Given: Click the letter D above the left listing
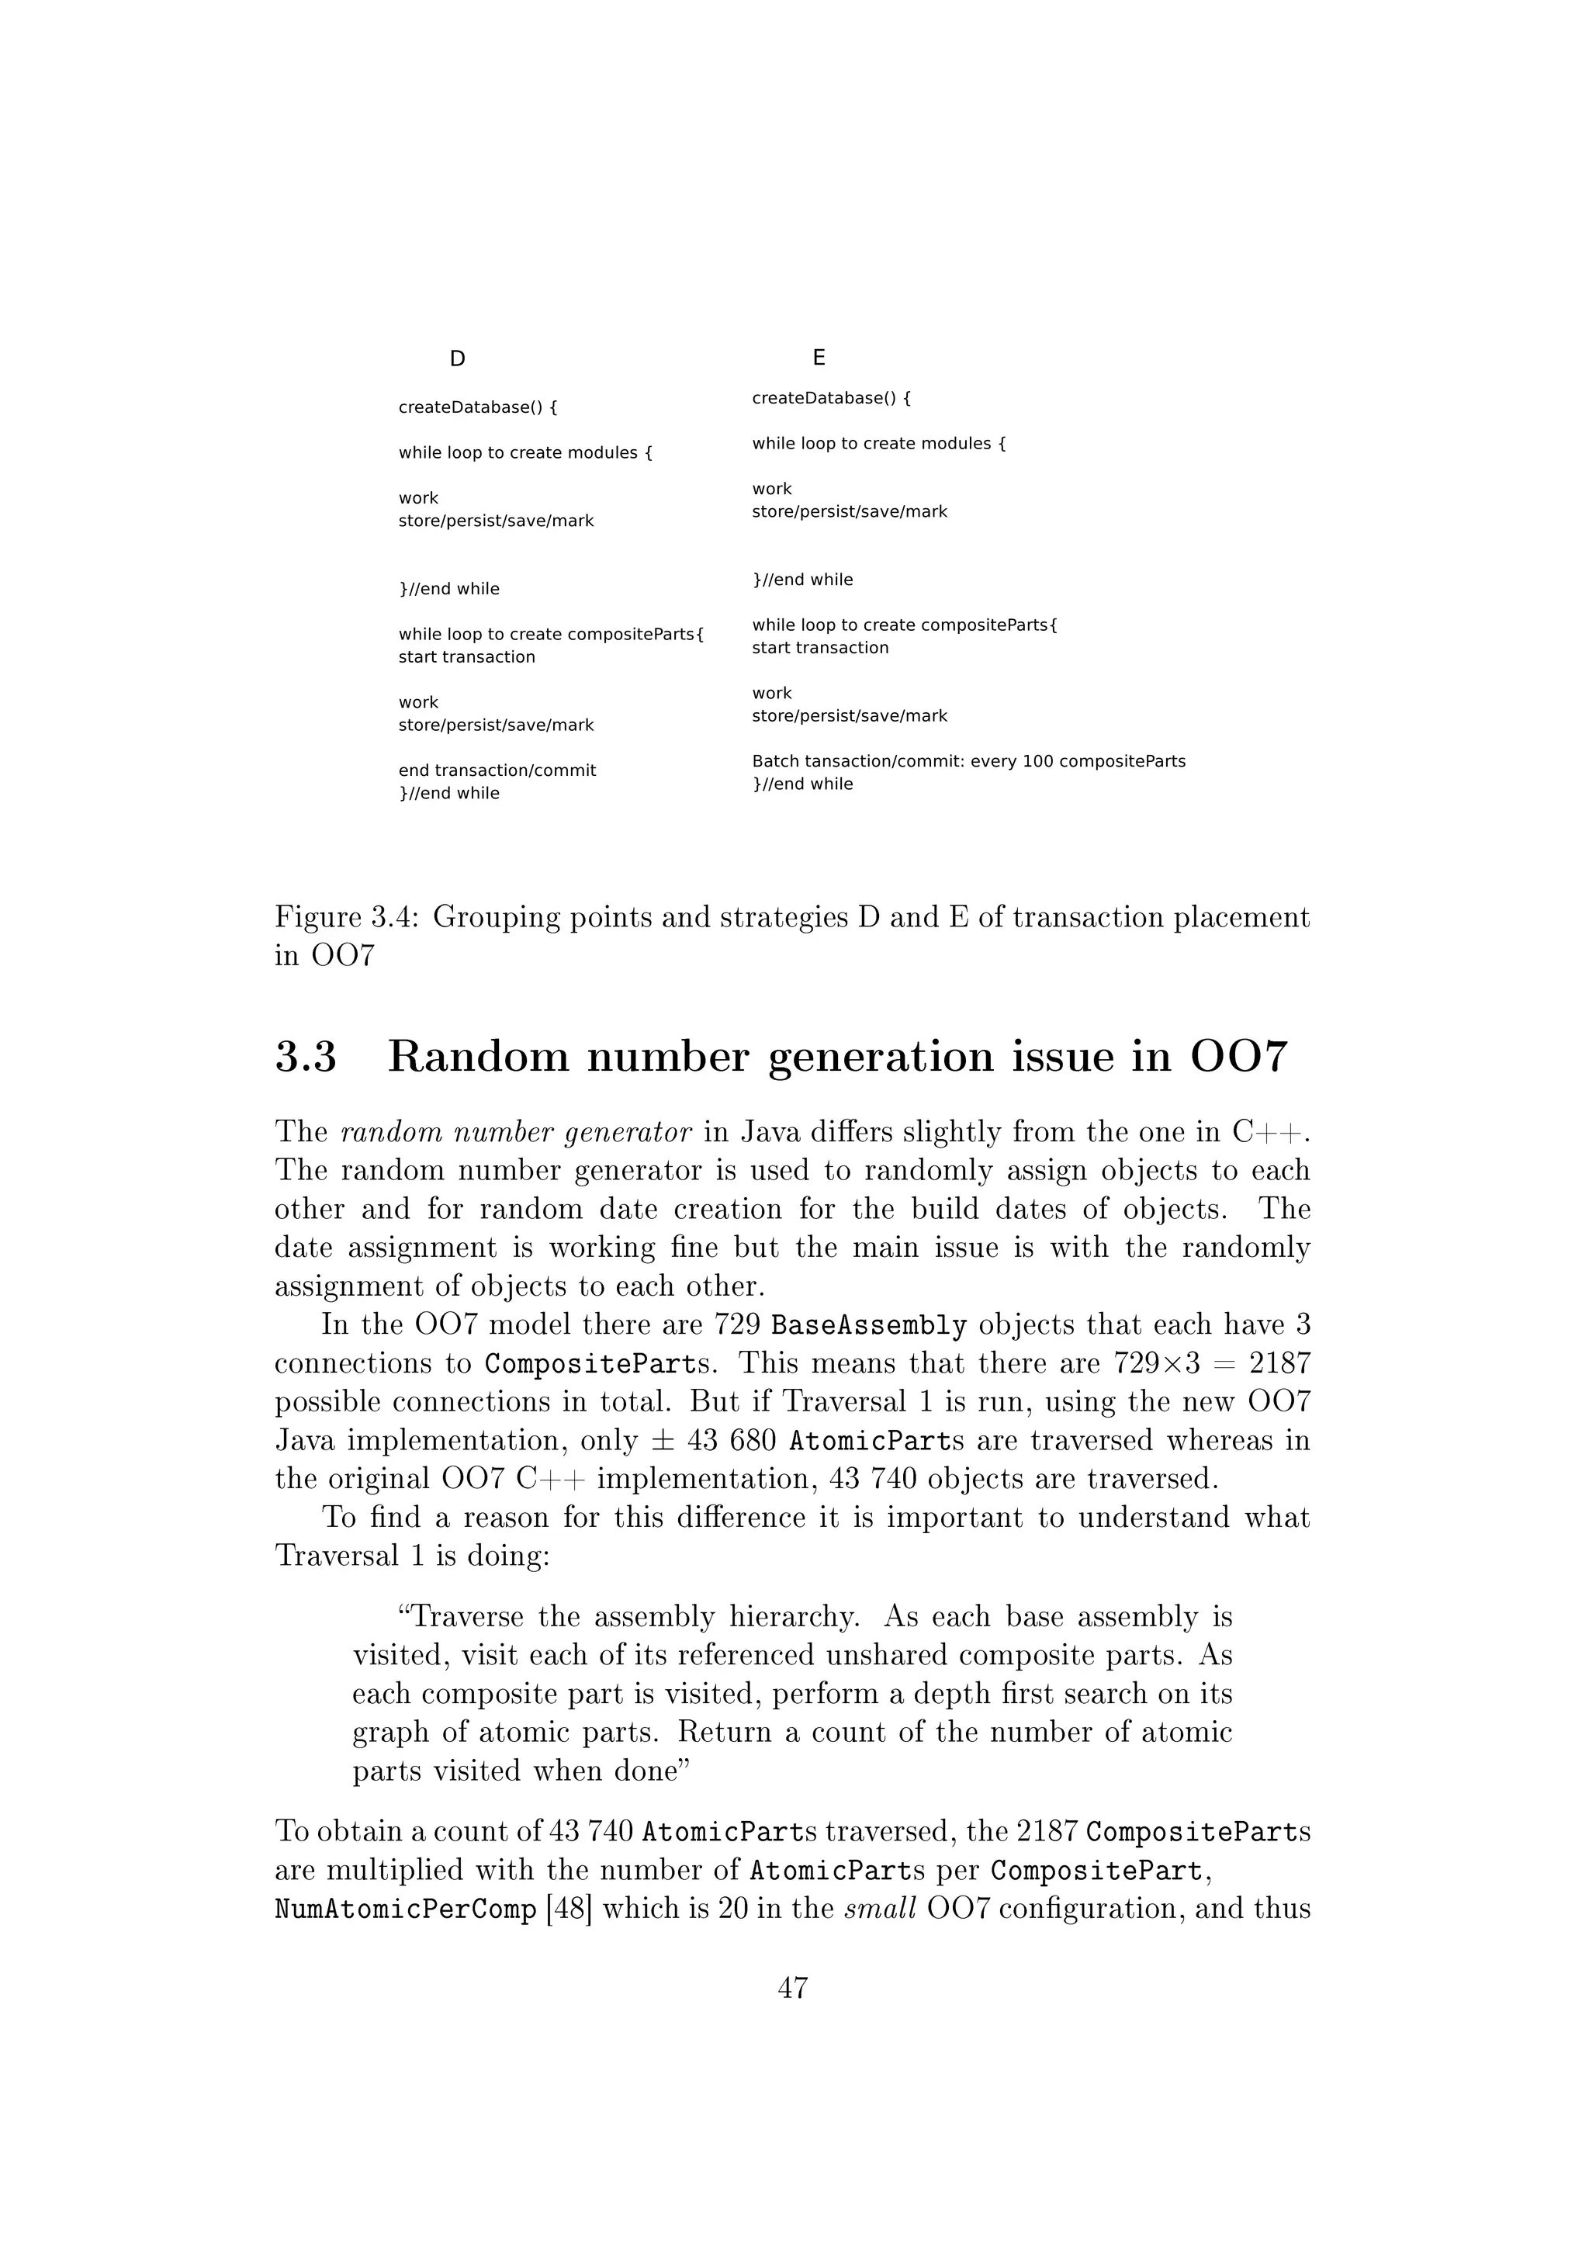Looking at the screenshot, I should click(x=457, y=359).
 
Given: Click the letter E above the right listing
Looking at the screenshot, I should click(x=819, y=357).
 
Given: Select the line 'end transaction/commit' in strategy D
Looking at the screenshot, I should click(x=497, y=770).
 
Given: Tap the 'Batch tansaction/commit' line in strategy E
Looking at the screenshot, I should click(x=968, y=760).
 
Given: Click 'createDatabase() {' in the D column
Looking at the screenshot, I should click(x=477, y=407).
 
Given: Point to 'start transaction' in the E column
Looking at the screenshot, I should click(x=820, y=648).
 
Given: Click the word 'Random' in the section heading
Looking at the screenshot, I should click(x=479, y=1058).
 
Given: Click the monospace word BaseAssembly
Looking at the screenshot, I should click(x=869, y=1326).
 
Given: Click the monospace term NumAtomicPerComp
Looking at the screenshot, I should click(x=406, y=1909).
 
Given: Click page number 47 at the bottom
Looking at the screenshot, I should click(x=792, y=1988).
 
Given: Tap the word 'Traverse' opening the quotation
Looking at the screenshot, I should click(x=462, y=1617).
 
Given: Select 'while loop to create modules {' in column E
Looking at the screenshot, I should click(x=878, y=443).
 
